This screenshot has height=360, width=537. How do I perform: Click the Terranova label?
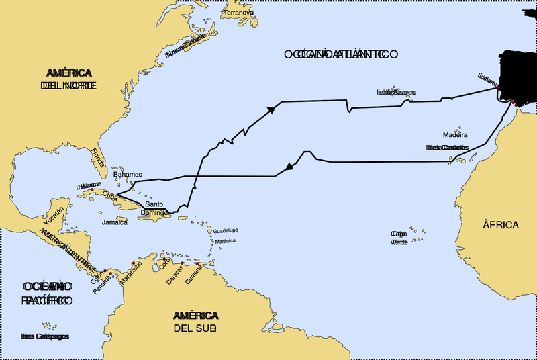click(240, 13)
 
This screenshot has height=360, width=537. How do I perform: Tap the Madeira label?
click(455, 134)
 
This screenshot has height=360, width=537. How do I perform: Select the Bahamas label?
click(128, 174)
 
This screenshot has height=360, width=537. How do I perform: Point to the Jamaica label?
click(115, 222)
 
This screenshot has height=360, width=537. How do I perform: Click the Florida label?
click(98, 156)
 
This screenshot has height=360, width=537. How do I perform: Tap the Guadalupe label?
click(226, 230)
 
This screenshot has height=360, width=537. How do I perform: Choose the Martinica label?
click(226, 240)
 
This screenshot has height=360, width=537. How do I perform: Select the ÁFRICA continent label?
click(500, 224)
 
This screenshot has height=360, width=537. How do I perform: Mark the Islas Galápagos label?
click(45, 336)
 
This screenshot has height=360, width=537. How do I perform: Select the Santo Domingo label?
click(154, 208)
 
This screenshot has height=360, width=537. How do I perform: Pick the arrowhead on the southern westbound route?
click(289, 165)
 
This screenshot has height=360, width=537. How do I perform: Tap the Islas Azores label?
click(396, 92)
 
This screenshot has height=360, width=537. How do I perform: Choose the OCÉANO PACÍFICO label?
click(46, 294)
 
